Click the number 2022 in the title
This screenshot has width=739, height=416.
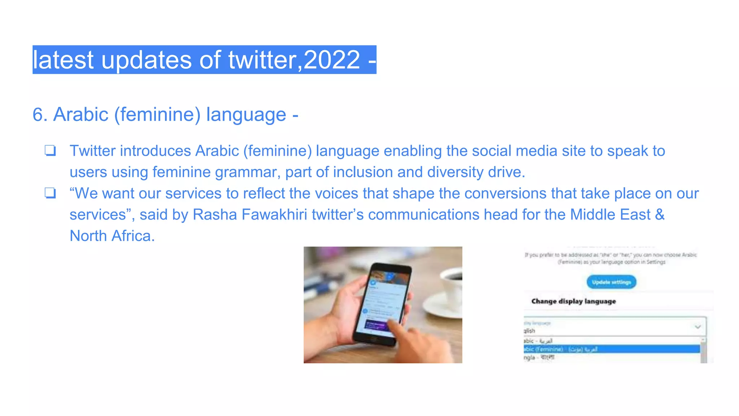pyautogui.click(x=332, y=60)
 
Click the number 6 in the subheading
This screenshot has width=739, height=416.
pyautogui.click(x=38, y=115)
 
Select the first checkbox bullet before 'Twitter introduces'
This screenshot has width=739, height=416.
pyautogui.click(x=50, y=151)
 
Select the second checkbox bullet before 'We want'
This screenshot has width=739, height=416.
pyautogui.click(x=50, y=193)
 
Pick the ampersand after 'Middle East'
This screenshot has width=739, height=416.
pyautogui.click(x=660, y=215)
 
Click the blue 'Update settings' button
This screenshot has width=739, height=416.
pyautogui.click(x=611, y=282)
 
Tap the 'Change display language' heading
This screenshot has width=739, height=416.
pyautogui.click(x=573, y=301)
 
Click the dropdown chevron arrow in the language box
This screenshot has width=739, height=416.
pyautogui.click(x=698, y=327)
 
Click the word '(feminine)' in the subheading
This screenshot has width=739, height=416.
pyautogui.click(x=157, y=115)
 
